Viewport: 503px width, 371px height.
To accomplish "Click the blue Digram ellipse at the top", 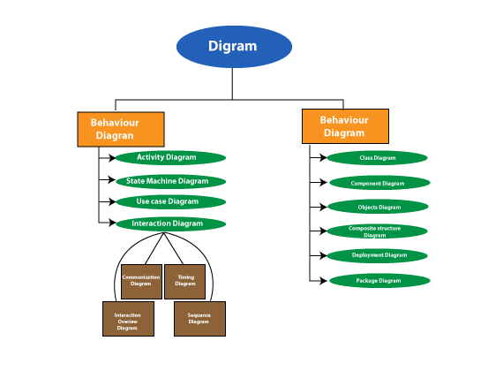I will coord(234,47).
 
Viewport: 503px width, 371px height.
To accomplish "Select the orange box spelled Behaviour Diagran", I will coord(121,129).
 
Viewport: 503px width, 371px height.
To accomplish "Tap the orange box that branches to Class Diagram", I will coord(344,125).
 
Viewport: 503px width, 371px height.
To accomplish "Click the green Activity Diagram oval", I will coord(169,158).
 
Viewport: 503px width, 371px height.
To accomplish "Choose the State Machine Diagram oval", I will coord(167,181).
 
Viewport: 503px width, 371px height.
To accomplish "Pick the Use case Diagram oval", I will coord(167,202).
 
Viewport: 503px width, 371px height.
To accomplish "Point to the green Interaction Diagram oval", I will coord(167,223).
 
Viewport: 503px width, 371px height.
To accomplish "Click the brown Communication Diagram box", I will coord(141,281).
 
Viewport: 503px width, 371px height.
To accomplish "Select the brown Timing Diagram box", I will coord(185,281).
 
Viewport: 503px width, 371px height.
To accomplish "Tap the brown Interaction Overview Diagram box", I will coord(128,318).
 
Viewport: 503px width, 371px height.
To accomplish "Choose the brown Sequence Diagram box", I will coord(199,318).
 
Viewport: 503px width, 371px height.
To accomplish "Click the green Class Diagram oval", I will coord(378,158).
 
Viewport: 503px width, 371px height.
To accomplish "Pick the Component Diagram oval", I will coord(378,183).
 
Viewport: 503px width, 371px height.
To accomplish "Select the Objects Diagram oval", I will coord(378,207).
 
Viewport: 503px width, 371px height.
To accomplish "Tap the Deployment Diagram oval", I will coord(379,255).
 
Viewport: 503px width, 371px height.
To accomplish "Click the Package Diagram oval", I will coord(379,281).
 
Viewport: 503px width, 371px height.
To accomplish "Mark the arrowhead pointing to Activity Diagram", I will coord(111,159).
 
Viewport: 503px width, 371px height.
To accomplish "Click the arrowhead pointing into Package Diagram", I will coord(324,281).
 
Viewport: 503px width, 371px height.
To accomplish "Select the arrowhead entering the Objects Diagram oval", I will coord(324,207).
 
